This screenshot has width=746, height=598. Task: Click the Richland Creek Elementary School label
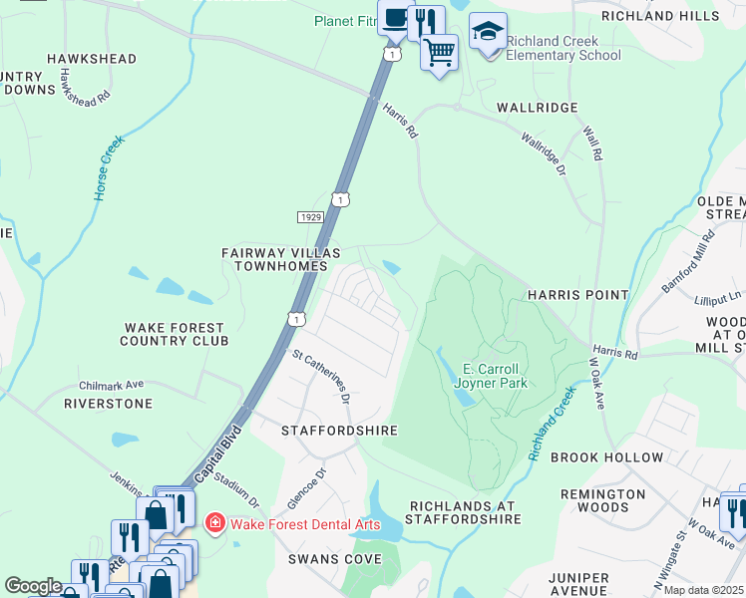point(562,49)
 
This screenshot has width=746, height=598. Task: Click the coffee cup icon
point(395,19)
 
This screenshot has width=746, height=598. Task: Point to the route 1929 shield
point(309,216)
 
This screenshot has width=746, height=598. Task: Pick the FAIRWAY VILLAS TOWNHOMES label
point(274,260)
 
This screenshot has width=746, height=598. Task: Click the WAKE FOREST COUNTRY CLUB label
point(174,334)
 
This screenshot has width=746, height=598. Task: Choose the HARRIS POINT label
point(578,295)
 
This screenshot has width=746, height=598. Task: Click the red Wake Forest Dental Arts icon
point(214,523)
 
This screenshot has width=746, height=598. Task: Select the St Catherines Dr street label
point(321,376)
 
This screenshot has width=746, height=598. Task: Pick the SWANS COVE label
point(335,559)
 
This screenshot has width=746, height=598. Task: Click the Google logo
point(33,586)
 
